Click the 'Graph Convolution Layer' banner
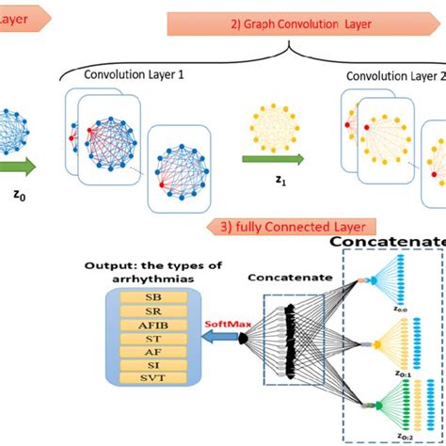(292, 24)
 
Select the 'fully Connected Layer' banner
(292, 226)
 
